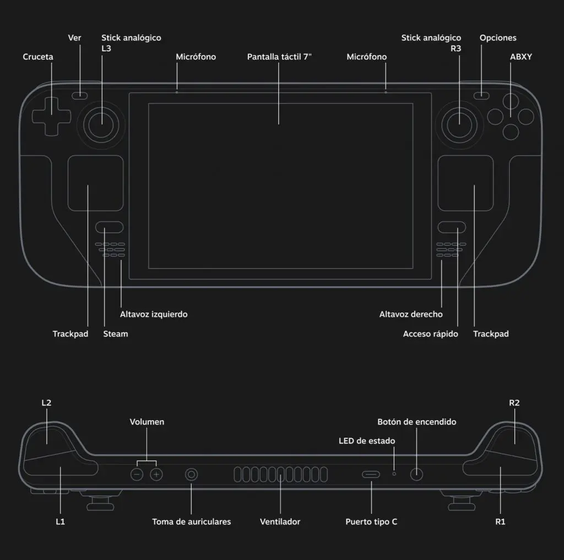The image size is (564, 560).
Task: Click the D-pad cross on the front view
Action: click(48, 115)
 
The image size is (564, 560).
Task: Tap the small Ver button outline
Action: click(80, 95)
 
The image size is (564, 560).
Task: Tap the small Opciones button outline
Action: click(482, 95)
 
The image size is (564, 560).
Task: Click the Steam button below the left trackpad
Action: click(109, 227)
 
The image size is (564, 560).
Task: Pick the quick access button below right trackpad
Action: click(452, 227)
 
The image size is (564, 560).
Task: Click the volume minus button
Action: click(137, 474)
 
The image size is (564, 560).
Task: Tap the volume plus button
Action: click(157, 474)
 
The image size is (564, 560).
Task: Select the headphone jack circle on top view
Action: click(192, 474)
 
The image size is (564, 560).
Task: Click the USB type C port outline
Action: click(371, 474)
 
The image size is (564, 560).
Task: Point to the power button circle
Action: click(416, 474)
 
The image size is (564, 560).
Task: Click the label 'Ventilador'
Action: click(280, 521)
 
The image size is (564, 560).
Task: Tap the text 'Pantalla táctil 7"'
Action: click(279, 57)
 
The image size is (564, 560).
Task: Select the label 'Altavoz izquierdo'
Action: click(154, 314)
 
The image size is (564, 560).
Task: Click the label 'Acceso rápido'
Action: click(430, 334)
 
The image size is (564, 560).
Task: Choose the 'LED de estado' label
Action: click(366, 441)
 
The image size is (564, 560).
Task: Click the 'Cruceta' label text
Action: click(38, 57)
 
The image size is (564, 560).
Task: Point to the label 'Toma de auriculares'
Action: click(191, 521)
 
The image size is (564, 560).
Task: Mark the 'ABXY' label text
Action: click(520, 57)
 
